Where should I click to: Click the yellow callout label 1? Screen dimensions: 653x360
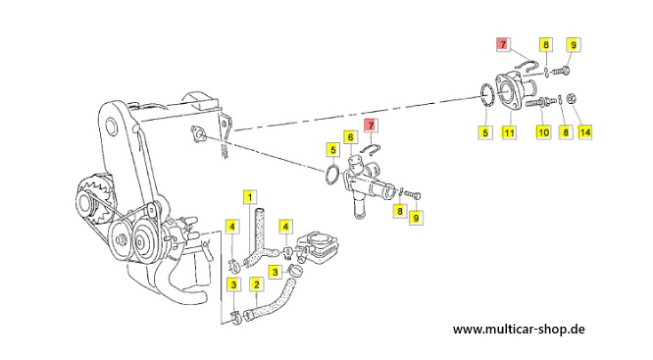pos(249,196)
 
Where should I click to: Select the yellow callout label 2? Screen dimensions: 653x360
pos(256,284)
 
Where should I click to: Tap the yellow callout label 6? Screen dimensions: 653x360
pos(350,137)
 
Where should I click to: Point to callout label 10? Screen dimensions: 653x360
pos(543,132)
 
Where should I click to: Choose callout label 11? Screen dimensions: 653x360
pos(509,132)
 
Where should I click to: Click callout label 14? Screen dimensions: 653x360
pos(584,132)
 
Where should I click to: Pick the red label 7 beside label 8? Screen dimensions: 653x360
pos(503,44)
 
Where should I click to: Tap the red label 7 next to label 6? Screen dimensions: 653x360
pos(371,125)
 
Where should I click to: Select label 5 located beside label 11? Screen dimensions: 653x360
pos(485,132)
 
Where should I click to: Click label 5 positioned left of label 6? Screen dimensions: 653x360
pos(332,149)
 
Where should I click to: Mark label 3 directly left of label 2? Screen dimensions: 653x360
pos(233,284)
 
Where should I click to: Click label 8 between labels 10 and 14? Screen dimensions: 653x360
pos(565,132)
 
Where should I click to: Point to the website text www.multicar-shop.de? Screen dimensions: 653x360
pos(519,330)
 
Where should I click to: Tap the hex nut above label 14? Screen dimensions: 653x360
pos(573,99)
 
